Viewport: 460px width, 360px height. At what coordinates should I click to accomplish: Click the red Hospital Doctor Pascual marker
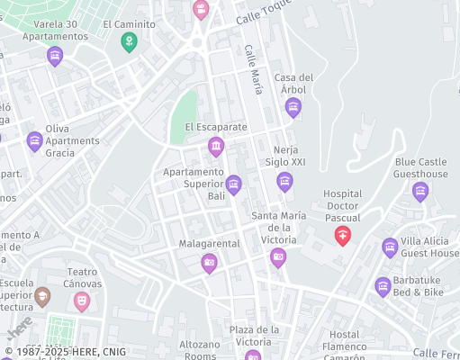(x=343, y=237)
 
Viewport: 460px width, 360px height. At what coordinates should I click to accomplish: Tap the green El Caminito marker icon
(x=130, y=42)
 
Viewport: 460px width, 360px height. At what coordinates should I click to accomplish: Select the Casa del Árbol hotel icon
(x=293, y=108)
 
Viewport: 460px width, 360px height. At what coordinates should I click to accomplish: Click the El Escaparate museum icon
(x=216, y=146)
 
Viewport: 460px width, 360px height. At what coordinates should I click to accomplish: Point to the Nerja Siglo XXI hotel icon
(x=284, y=182)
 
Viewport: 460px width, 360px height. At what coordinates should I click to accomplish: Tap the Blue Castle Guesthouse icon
(x=420, y=191)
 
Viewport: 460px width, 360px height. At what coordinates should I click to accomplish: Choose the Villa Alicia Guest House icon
(x=390, y=247)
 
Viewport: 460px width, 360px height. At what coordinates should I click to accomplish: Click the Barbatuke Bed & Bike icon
(x=383, y=286)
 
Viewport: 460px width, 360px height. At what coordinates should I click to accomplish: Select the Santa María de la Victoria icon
(x=278, y=258)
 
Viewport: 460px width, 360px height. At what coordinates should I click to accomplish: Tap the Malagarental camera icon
(x=209, y=263)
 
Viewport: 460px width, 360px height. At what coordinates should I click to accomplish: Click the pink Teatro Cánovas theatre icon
(x=82, y=300)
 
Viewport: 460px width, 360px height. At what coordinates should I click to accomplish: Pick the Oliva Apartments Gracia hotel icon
(x=34, y=140)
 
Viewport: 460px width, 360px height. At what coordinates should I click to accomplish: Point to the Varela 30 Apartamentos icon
(x=55, y=56)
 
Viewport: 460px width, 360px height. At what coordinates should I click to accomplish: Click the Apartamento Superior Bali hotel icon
(x=233, y=185)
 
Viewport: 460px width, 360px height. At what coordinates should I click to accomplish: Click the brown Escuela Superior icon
(x=42, y=295)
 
